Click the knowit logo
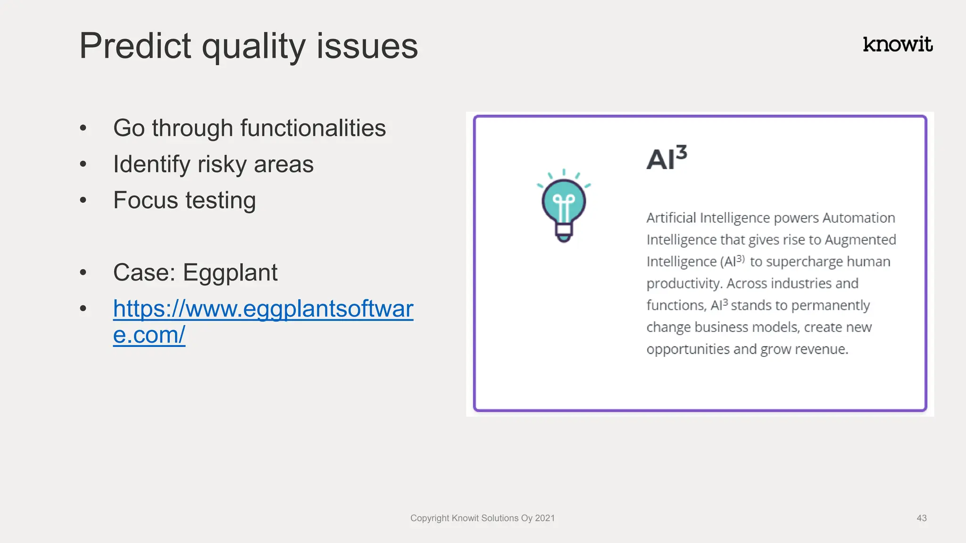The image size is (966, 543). pyautogui.click(x=897, y=45)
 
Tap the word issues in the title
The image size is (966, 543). pyautogui.click(x=367, y=46)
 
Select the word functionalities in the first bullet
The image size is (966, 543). pyautogui.click(x=313, y=128)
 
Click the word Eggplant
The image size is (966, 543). pyautogui.click(x=230, y=273)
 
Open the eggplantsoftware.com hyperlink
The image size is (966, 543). pyautogui.click(x=263, y=309)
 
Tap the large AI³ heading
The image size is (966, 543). pyautogui.click(x=666, y=158)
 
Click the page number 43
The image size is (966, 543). pyautogui.click(x=921, y=518)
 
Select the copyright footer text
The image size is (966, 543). pyautogui.click(x=482, y=518)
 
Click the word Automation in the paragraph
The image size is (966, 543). pyautogui.click(x=858, y=218)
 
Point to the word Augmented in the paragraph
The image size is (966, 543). pyautogui.click(x=860, y=240)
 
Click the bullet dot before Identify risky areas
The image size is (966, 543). pyautogui.click(x=83, y=165)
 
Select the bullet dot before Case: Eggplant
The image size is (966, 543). pyautogui.click(x=83, y=273)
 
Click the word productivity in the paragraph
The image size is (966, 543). pyautogui.click(x=684, y=284)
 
